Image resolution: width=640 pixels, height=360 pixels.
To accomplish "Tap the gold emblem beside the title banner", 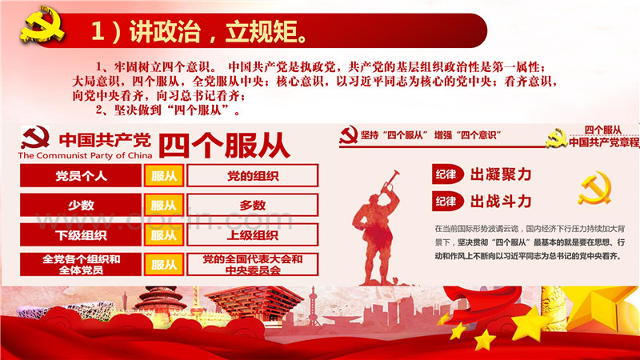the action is [42, 25].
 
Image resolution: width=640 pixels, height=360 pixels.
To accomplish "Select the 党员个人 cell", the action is [81, 176].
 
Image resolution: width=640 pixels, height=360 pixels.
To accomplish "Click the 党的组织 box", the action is [252, 176].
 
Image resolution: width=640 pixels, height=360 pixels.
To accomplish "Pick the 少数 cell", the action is [81, 205].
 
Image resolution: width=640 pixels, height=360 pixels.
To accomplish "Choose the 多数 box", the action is [252, 205].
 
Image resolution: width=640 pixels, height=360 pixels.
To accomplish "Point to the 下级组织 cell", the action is [81, 234].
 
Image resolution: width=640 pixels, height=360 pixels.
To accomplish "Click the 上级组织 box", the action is [252, 234].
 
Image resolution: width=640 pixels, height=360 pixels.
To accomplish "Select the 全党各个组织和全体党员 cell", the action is [81, 264].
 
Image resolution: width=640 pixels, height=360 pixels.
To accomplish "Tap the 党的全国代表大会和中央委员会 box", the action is [252, 264].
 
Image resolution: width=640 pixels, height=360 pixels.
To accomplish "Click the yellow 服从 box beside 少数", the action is [164, 205].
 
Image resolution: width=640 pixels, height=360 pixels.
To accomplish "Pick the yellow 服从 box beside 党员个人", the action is [164, 176].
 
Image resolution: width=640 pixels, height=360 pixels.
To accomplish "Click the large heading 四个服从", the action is [224, 146].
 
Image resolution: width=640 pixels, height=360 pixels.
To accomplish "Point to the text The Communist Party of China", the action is [85, 155].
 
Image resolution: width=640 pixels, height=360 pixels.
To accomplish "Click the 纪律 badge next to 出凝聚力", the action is [447, 174].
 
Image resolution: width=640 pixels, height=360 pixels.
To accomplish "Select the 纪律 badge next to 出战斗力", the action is [447, 202].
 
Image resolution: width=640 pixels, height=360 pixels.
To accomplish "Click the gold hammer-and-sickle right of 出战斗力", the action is [595, 188].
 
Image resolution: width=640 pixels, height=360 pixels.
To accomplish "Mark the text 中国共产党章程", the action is [604, 142].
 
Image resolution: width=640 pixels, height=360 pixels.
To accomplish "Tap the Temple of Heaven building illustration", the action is [160, 300].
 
